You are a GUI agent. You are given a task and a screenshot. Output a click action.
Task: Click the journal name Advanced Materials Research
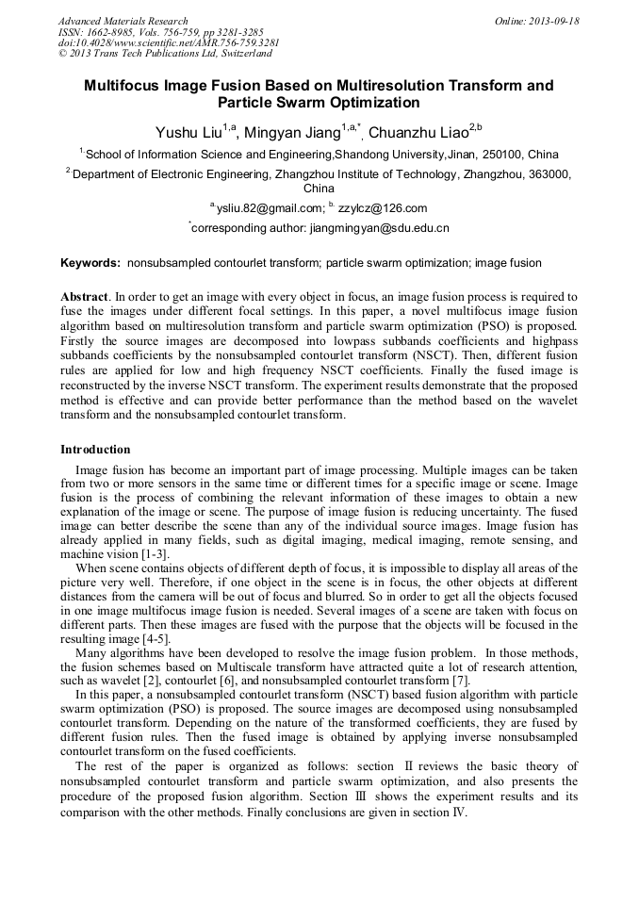[x=123, y=21]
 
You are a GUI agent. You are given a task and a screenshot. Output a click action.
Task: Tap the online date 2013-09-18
[x=552, y=21]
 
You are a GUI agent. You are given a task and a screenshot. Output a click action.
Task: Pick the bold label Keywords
[x=90, y=263]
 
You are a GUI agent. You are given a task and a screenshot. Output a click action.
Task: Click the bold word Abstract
[x=84, y=296]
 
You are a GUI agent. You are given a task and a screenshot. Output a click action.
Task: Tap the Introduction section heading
[x=95, y=450]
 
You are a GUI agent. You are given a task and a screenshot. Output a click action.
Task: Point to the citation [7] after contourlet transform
[x=459, y=682]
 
